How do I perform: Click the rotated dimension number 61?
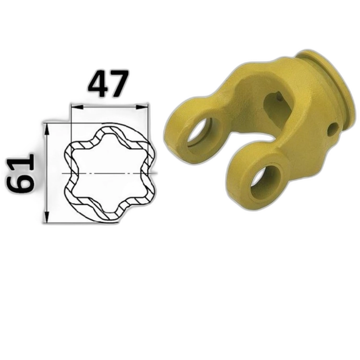coord(21,174)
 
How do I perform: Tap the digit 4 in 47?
coord(97,84)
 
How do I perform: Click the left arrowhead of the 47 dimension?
coord(77,107)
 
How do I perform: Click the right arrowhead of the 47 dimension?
coord(142,107)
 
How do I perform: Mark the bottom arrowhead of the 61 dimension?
coord(47,216)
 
